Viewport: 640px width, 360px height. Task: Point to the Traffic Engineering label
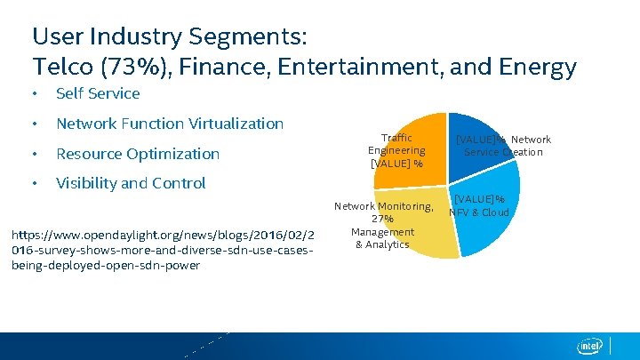pyautogui.click(x=396, y=150)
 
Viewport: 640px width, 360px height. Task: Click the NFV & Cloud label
pyautogui.click(x=479, y=205)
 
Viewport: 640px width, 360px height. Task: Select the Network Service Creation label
pyautogui.click(x=503, y=146)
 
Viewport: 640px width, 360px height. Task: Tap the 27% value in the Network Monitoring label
pyautogui.click(x=382, y=219)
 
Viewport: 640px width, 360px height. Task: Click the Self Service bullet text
pyautogui.click(x=98, y=93)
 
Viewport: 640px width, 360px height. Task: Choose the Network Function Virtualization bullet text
pyautogui.click(x=170, y=124)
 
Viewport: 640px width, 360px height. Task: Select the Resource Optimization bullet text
pyautogui.click(x=138, y=154)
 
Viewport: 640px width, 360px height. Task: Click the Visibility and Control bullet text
pyautogui.click(x=131, y=183)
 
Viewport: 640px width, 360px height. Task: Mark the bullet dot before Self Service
pyautogui.click(x=33, y=94)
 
